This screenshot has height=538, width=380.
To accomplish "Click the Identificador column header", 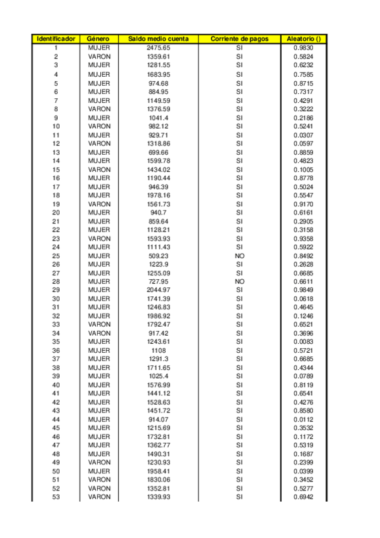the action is [x=56, y=39].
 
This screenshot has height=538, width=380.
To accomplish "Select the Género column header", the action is [x=99, y=39].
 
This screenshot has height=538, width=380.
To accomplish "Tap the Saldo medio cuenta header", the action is [x=158, y=39].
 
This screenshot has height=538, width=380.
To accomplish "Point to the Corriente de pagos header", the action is [x=239, y=39].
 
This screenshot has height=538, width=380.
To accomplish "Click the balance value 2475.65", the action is [x=158, y=48].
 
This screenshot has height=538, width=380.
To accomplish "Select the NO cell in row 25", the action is [x=239, y=256].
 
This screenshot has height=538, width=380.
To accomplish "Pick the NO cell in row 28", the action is [x=239, y=282].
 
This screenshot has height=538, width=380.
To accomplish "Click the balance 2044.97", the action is [x=158, y=290].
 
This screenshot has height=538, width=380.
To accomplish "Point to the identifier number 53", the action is [x=56, y=497].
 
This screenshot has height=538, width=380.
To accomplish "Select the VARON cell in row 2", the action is [x=99, y=56].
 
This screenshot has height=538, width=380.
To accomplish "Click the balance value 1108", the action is [x=158, y=350].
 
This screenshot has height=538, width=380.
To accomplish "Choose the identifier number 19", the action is [x=56, y=204].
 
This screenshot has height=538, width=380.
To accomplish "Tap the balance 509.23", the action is [x=158, y=256].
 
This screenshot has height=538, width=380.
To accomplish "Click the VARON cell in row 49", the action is [x=99, y=463].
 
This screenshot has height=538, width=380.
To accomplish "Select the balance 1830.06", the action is [x=158, y=480].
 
